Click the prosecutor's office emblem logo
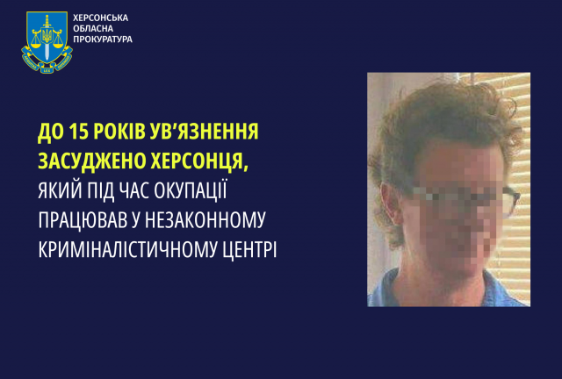point(47,41)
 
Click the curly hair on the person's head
point(426,123)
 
